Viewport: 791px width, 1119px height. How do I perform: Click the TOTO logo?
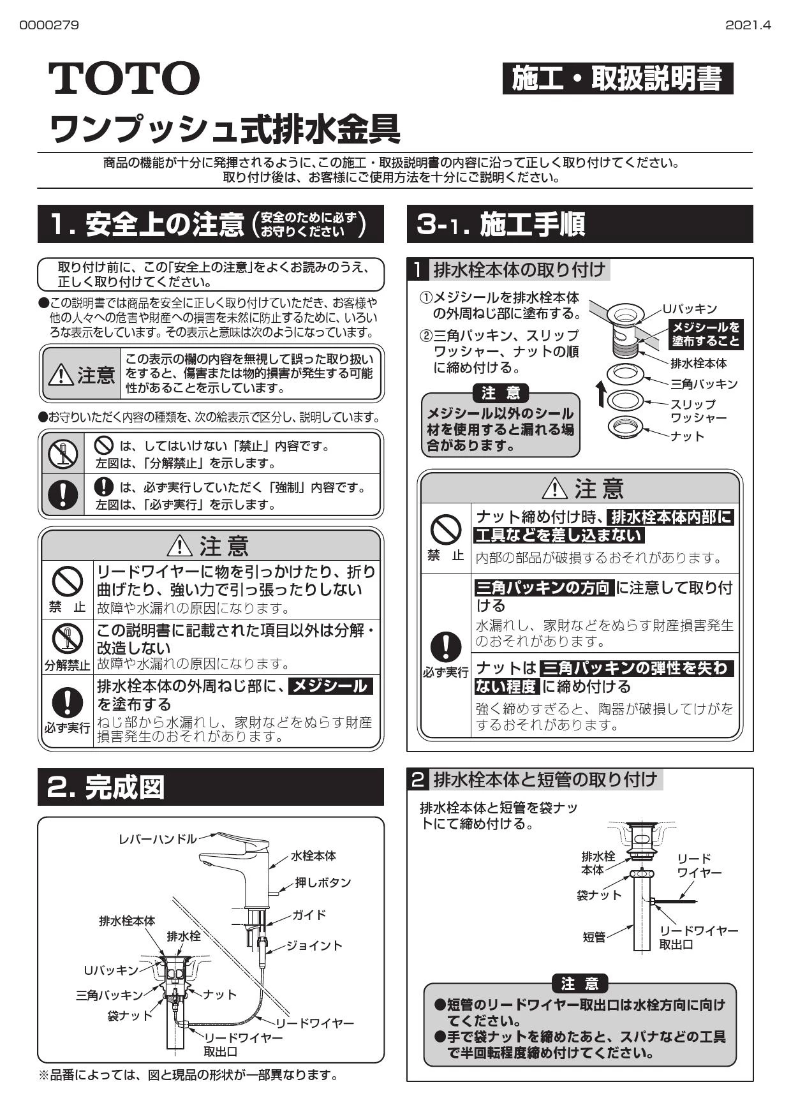(x=124, y=78)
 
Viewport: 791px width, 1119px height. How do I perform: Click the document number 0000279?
(x=49, y=26)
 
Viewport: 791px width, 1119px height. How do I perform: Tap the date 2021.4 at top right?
(x=748, y=26)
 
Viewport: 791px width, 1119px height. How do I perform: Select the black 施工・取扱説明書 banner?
(x=617, y=79)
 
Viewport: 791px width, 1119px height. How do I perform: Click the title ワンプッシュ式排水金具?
(x=225, y=128)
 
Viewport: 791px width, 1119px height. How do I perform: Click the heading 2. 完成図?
(x=106, y=787)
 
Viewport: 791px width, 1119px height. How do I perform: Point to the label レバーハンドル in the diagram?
(x=158, y=838)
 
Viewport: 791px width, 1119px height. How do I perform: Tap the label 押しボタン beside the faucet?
(x=323, y=882)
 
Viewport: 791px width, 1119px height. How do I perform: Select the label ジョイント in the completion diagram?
(x=314, y=945)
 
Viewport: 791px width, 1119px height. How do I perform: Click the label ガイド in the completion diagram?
(x=309, y=915)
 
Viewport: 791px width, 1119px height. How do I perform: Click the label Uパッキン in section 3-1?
(x=690, y=309)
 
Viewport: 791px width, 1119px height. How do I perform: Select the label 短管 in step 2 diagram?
(x=593, y=937)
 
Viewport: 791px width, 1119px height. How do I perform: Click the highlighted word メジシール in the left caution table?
(x=330, y=686)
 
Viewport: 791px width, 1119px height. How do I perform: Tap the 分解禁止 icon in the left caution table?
(x=67, y=638)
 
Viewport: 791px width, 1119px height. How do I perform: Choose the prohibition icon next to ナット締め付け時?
(x=446, y=529)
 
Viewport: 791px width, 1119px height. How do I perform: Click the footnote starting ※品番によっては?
(x=188, y=1076)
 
